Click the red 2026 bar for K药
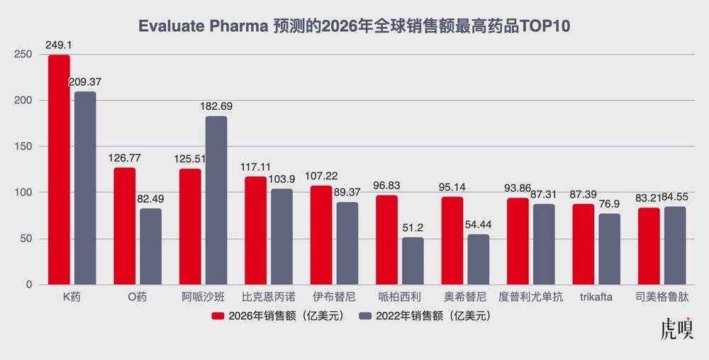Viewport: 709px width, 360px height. (59, 170)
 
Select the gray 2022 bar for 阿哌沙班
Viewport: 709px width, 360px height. (216, 201)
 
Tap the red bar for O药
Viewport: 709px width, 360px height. (124, 226)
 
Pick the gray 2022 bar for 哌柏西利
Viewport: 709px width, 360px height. (413, 261)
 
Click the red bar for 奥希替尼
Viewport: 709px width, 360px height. (452, 241)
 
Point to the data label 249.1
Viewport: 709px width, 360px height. (58, 45)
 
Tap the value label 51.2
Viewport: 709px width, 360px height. (413, 227)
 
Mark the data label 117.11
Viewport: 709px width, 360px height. (255, 167)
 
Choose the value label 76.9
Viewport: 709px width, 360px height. (610, 204)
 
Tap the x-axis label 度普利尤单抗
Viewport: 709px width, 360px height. (531, 297)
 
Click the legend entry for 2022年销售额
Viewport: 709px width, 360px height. (425, 316)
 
